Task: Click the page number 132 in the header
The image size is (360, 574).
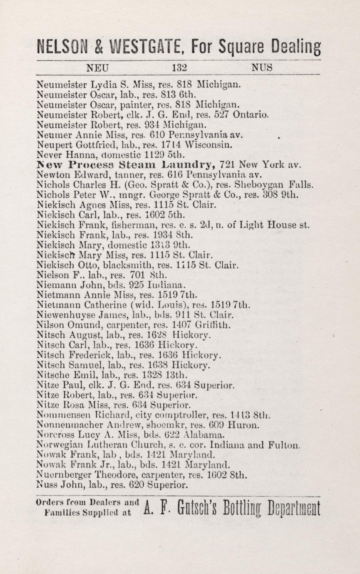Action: point(179,67)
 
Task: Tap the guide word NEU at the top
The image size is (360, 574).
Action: point(97,67)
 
